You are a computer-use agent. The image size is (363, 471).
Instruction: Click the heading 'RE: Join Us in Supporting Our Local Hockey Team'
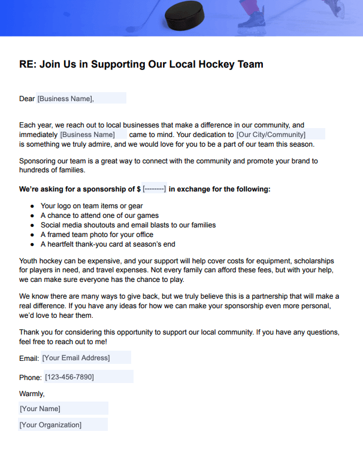pyautogui.click(x=141, y=65)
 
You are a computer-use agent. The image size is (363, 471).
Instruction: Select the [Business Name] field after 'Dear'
pyautogui.click(x=66, y=99)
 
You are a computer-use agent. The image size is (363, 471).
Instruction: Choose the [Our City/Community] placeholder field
pyautogui.click(x=271, y=135)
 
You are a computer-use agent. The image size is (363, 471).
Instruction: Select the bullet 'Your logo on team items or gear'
pyautogui.click(x=92, y=206)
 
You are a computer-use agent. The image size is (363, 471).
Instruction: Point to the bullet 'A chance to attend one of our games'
pyautogui.click(x=99, y=215)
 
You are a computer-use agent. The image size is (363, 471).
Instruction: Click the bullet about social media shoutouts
pyautogui.click(x=128, y=225)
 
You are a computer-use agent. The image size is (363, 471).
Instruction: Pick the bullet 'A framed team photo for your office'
pyautogui.click(x=96, y=235)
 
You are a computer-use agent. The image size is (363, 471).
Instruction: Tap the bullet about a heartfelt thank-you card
pyautogui.click(x=108, y=244)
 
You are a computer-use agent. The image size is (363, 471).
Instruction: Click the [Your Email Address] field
pyautogui.click(x=76, y=358)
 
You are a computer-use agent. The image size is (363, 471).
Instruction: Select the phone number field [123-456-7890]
pyautogui.click(x=69, y=377)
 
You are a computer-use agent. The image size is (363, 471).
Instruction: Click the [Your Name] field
pyautogui.click(x=40, y=409)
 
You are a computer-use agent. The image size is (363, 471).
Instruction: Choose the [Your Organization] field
pyautogui.click(x=50, y=425)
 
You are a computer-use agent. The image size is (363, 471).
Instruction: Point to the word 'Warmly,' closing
pyautogui.click(x=32, y=394)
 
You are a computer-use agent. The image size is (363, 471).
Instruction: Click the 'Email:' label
pyautogui.click(x=29, y=358)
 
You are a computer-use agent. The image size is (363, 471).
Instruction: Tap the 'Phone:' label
pyautogui.click(x=30, y=378)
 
